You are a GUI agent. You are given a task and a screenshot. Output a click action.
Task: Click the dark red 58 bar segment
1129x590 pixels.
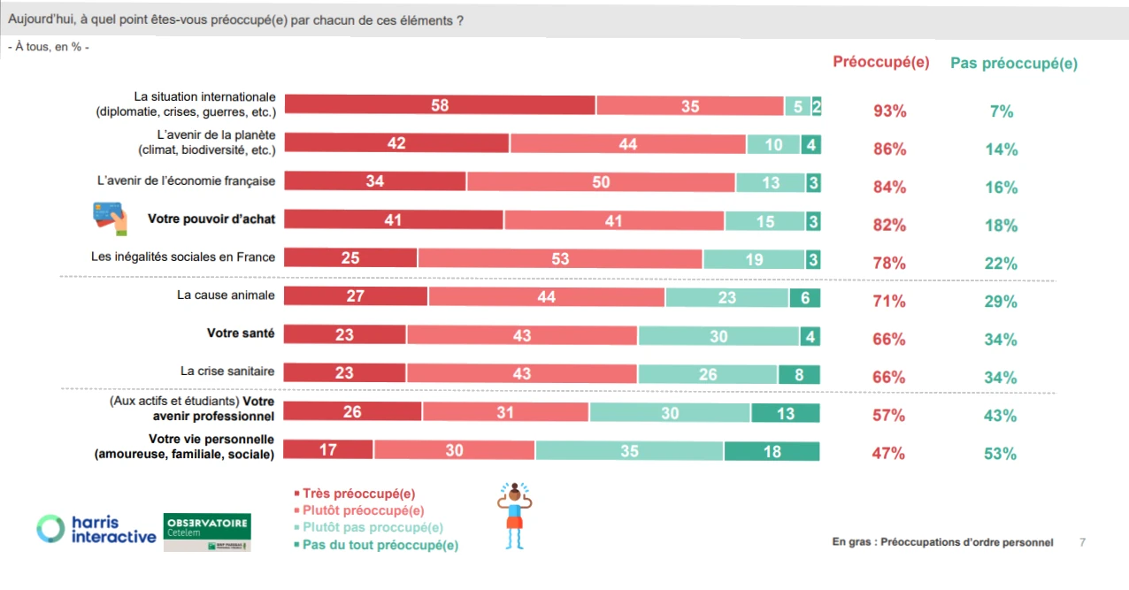coord(440,105)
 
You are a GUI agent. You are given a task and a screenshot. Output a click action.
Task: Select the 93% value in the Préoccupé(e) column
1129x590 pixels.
coord(889,111)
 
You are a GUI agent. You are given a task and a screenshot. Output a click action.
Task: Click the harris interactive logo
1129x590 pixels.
coord(96,530)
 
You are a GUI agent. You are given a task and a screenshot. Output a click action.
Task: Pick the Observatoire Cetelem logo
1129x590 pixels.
coord(208,532)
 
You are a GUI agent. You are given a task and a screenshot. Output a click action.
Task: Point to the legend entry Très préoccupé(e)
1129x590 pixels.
coord(354,494)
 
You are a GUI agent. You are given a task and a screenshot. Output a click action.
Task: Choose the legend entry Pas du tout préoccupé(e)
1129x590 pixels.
coord(375,545)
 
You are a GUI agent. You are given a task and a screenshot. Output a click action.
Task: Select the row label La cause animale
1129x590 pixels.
coord(226,295)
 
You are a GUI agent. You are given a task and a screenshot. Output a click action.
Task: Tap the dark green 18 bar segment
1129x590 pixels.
coord(772,451)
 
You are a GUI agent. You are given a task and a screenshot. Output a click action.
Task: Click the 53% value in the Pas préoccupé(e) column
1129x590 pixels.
coord(1001,454)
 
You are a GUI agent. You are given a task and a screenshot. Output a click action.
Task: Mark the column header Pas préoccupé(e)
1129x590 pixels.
coord(1013,64)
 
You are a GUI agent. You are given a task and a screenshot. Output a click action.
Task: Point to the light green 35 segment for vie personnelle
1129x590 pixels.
coord(629,451)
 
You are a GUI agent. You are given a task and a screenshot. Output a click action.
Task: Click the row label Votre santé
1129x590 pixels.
coord(240,333)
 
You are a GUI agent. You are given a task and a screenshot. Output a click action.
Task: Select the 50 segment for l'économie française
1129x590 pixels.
coord(601,181)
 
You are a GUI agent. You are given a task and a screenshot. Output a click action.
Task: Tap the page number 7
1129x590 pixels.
coord(1082,542)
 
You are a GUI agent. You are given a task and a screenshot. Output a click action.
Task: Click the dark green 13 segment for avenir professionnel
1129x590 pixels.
coord(785,413)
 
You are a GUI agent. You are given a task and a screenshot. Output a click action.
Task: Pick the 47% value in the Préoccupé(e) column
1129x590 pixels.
coord(889,454)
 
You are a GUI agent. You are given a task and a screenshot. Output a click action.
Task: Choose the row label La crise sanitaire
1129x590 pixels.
coord(227,372)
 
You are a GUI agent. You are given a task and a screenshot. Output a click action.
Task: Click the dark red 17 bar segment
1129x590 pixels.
coord(328,451)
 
